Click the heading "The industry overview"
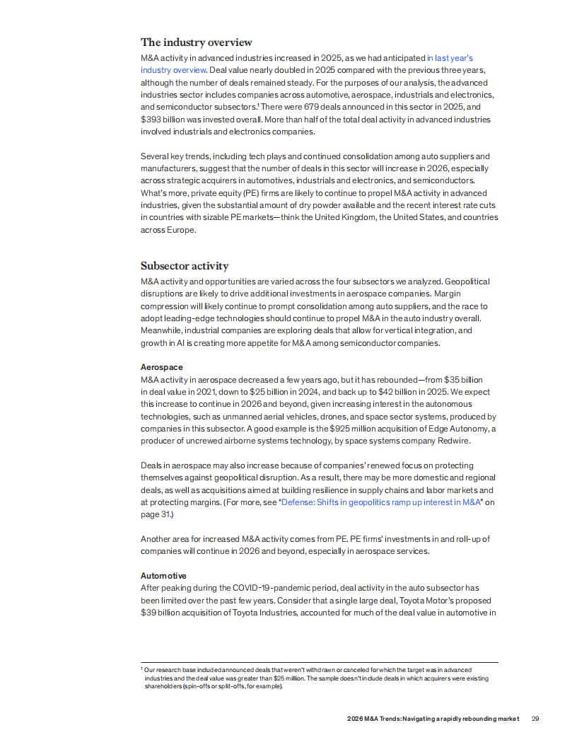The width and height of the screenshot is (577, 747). point(196,42)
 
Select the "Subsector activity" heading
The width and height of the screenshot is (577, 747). point(185,266)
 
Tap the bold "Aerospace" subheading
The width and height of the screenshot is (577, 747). point(161,367)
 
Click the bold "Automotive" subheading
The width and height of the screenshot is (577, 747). point(163,576)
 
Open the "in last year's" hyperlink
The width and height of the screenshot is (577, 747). point(449,58)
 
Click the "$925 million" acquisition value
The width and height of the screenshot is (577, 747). point(354,429)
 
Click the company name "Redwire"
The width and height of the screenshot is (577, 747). point(450,441)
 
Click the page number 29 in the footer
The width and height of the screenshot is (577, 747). point(535,719)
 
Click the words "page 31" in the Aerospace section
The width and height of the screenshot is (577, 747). point(154,514)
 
